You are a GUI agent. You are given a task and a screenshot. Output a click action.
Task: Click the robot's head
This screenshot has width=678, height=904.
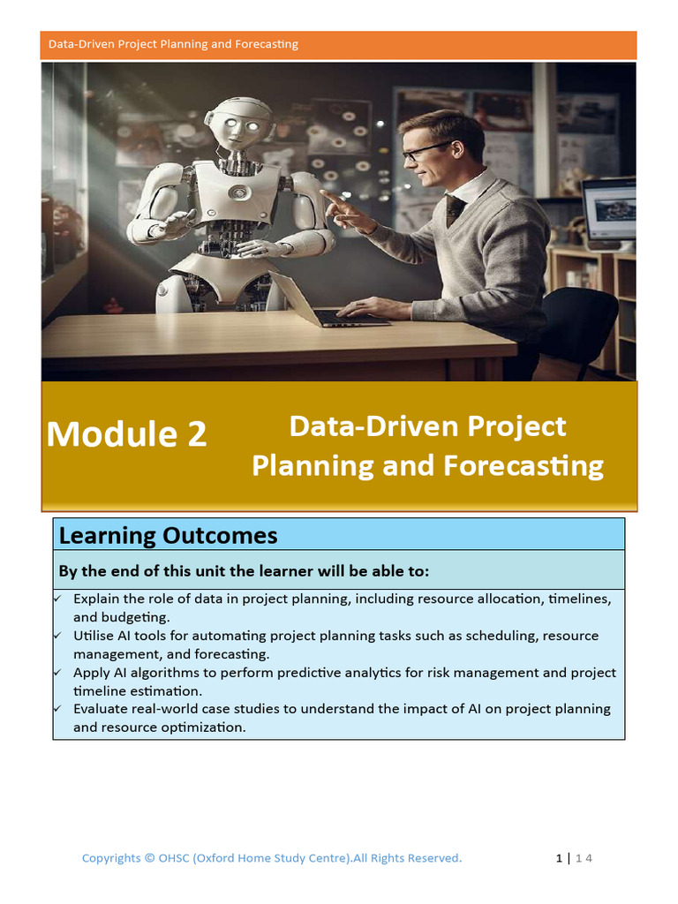238,124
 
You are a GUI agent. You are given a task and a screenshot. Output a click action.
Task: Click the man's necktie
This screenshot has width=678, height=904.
456,210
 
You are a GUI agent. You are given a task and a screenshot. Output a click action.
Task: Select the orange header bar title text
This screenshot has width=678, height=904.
173,44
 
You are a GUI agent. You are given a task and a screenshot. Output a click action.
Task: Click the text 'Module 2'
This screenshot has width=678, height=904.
127,433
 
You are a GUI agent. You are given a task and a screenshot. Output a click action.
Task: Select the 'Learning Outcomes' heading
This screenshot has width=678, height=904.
168,535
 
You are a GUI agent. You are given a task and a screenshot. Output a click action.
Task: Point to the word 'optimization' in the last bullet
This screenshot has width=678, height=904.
204,727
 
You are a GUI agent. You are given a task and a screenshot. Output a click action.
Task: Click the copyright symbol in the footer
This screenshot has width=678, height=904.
149,858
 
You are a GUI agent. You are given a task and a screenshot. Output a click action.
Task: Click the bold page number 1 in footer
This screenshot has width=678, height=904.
559,858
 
